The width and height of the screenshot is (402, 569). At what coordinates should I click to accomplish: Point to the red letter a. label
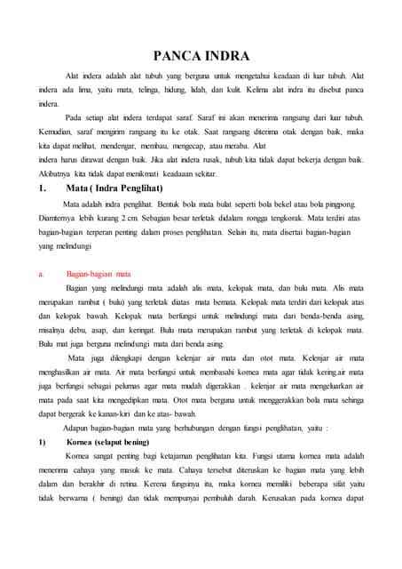point(41,274)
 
